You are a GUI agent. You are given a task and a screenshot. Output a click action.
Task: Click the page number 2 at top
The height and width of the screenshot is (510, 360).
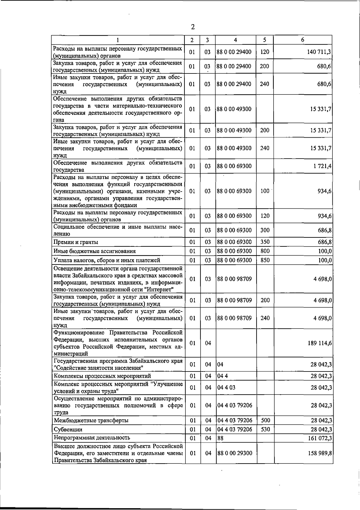click(193, 27)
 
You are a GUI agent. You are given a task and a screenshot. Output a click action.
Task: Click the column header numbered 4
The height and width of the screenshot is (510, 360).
click(235, 40)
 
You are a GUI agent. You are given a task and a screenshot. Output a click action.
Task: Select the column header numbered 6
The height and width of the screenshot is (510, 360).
click(303, 40)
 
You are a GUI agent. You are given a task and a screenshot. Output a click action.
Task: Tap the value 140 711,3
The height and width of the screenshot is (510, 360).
click(319, 52)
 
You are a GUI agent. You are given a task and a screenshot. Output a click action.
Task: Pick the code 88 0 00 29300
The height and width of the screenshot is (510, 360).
click(234, 453)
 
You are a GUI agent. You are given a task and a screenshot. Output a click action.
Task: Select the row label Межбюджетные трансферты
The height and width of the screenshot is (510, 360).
click(91, 420)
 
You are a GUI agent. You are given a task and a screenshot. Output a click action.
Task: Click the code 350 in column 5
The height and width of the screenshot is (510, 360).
click(265, 242)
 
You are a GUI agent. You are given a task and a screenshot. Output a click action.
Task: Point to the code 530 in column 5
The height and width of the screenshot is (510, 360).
click(265, 429)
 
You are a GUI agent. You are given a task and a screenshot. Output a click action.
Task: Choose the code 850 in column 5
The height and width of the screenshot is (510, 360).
click(265, 260)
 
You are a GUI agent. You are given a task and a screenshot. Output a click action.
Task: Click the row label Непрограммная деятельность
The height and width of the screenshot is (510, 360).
click(92, 438)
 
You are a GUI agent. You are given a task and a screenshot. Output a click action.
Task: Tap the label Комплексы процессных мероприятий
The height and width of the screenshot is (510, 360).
click(102, 376)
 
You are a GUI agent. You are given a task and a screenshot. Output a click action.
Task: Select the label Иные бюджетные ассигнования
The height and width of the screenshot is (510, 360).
click(94, 251)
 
